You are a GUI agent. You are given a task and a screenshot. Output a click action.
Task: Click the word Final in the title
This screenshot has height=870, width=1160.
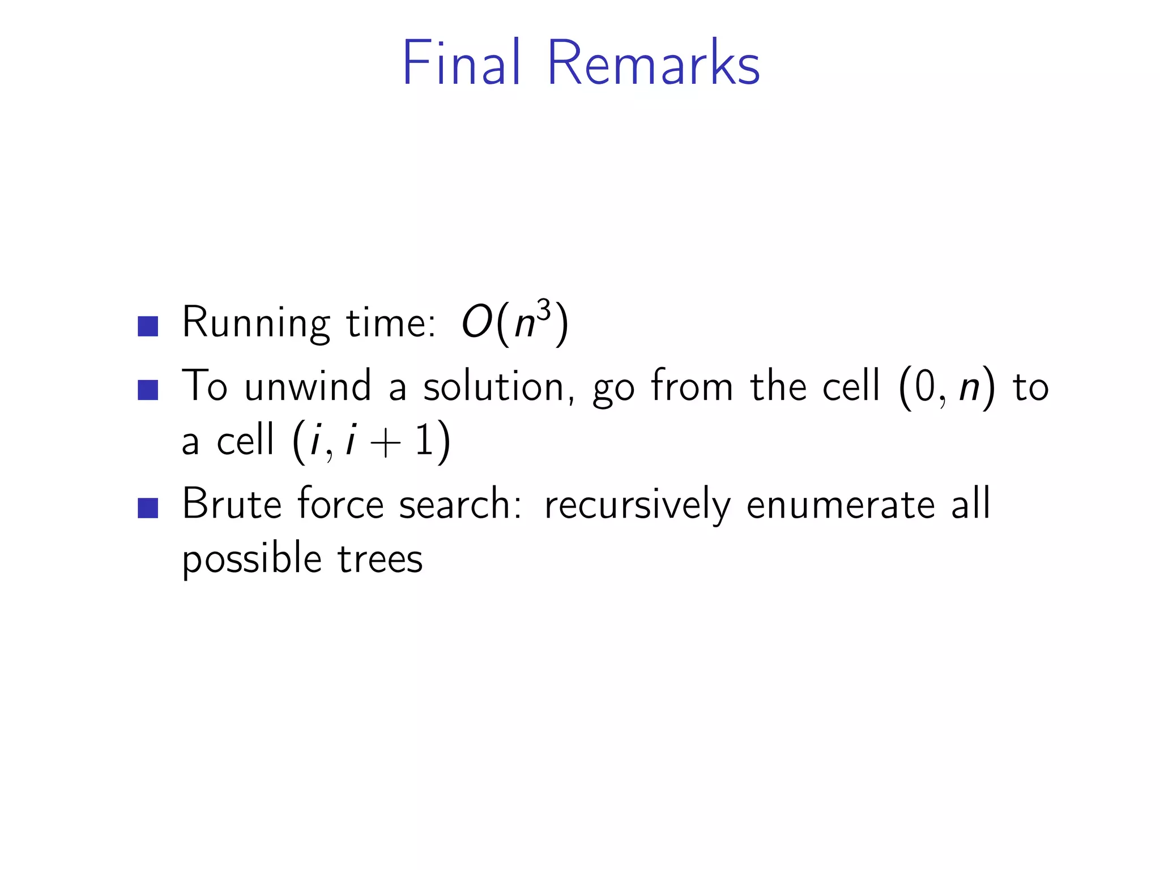tap(460, 63)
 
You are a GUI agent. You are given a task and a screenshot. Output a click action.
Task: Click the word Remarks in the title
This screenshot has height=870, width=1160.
tap(652, 63)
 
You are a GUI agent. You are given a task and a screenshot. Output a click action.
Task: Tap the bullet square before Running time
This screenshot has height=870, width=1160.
tap(148, 326)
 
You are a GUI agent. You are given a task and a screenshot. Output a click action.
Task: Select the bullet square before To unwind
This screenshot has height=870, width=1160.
tap(148, 390)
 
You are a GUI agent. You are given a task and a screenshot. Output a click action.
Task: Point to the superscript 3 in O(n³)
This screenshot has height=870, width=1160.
tap(544, 311)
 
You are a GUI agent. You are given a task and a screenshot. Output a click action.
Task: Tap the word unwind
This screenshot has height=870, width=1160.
tap(308, 386)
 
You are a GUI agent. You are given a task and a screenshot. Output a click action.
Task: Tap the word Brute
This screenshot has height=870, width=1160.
tap(232, 504)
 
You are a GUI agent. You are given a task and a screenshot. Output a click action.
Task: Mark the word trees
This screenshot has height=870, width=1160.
tap(380, 560)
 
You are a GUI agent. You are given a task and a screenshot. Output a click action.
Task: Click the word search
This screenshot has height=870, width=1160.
tap(459, 504)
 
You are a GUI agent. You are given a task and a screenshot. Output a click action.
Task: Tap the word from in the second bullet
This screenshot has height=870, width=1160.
tap(692, 386)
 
